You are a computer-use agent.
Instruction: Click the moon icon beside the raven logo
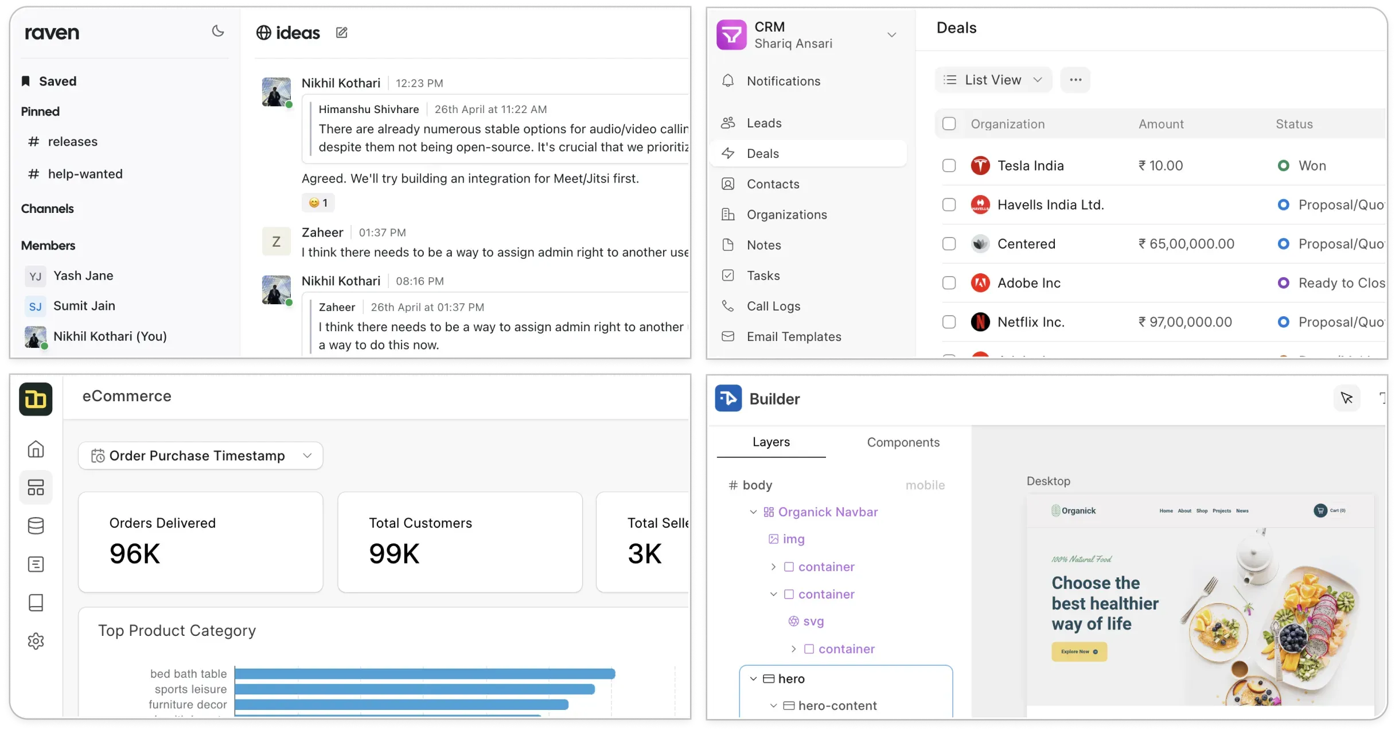click(x=218, y=32)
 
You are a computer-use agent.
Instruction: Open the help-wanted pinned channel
click(x=85, y=174)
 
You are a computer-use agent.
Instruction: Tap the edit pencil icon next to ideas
click(x=342, y=33)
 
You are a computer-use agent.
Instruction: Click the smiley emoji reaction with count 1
click(x=318, y=203)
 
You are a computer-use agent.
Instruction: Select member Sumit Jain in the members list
click(x=84, y=306)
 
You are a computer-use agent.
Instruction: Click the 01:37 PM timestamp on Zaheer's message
click(x=382, y=232)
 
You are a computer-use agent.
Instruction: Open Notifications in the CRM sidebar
click(x=783, y=81)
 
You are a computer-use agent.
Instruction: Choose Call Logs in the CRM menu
click(x=773, y=306)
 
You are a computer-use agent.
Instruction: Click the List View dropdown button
click(x=993, y=80)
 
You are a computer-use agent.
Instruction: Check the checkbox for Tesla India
click(x=949, y=166)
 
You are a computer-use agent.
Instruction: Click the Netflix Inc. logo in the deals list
click(x=980, y=322)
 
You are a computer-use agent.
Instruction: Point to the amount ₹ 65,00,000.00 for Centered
click(x=1186, y=244)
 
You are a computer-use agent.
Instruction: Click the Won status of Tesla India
click(x=1311, y=166)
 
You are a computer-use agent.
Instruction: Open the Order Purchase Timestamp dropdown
click(x=201, y=456)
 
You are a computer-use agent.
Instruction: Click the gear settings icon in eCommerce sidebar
click(x=36, y=641)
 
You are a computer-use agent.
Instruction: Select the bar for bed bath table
click(x=424, y=674)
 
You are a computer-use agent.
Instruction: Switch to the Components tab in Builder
click(x=903, y=442)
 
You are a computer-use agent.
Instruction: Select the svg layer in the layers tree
click(x=813, y=621)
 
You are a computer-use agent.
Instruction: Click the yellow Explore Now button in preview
click(x=1079, y=652)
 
